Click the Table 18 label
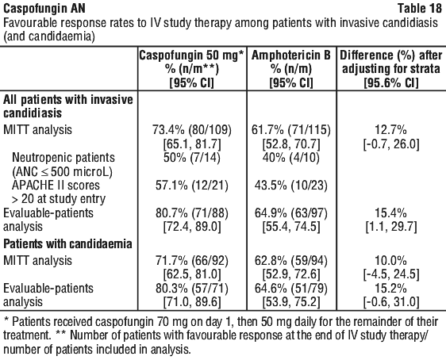click(x=420, y=8)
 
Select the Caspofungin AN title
click(x=44, y=8)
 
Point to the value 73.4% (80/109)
click(x=192, y=130)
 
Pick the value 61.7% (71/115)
click(x=291, y=130)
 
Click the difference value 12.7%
click(x=391, y=130)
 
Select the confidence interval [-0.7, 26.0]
click(x=391, y=144)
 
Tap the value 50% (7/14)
click(x=192, y=158)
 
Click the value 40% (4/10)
click(x=291, y=158)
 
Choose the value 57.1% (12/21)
click(x=192, y=186)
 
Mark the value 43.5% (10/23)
click(x=291, y=186)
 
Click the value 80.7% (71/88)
click(x=192, y=213)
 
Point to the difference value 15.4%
click(x=391, y=213)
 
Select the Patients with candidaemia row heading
click(x=67, y=244)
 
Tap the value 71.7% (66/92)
click(x=192, y=261)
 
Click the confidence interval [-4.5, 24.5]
click(x=391, y=274)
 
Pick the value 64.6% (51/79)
click(x=291, y=289)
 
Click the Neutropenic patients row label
click(x=63, y=158)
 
